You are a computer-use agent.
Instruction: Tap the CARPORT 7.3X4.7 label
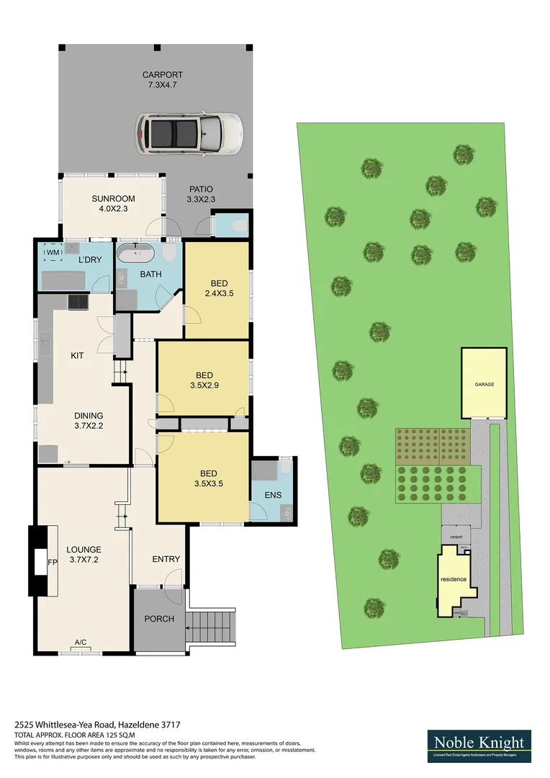click(x=162, y=80)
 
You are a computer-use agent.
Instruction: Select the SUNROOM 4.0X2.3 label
click(x=114, y=204)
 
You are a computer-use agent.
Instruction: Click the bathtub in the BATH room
click(x=135, y=254)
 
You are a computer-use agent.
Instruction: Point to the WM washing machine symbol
click(x=53, y=253)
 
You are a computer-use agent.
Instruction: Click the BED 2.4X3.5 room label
click(x=219, y=288)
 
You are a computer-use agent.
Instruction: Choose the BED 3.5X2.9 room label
click(x=204, y=380)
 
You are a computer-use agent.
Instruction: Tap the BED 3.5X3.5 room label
click(x=208, y=478)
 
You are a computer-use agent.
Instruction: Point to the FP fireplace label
click(x=52, y=560)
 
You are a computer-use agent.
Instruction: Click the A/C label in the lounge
click(x=81, y=643)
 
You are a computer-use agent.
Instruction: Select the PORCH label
click(x=159, y=619)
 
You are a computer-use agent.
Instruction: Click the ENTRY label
click(x=166, y=559)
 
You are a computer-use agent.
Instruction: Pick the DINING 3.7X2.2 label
click(x=89, y=421)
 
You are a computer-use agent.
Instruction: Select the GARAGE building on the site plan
click(x=484, y=384)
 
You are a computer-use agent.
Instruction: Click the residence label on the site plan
click(x=454, y=580)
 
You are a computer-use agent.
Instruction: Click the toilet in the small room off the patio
click(x=240, y=225)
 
